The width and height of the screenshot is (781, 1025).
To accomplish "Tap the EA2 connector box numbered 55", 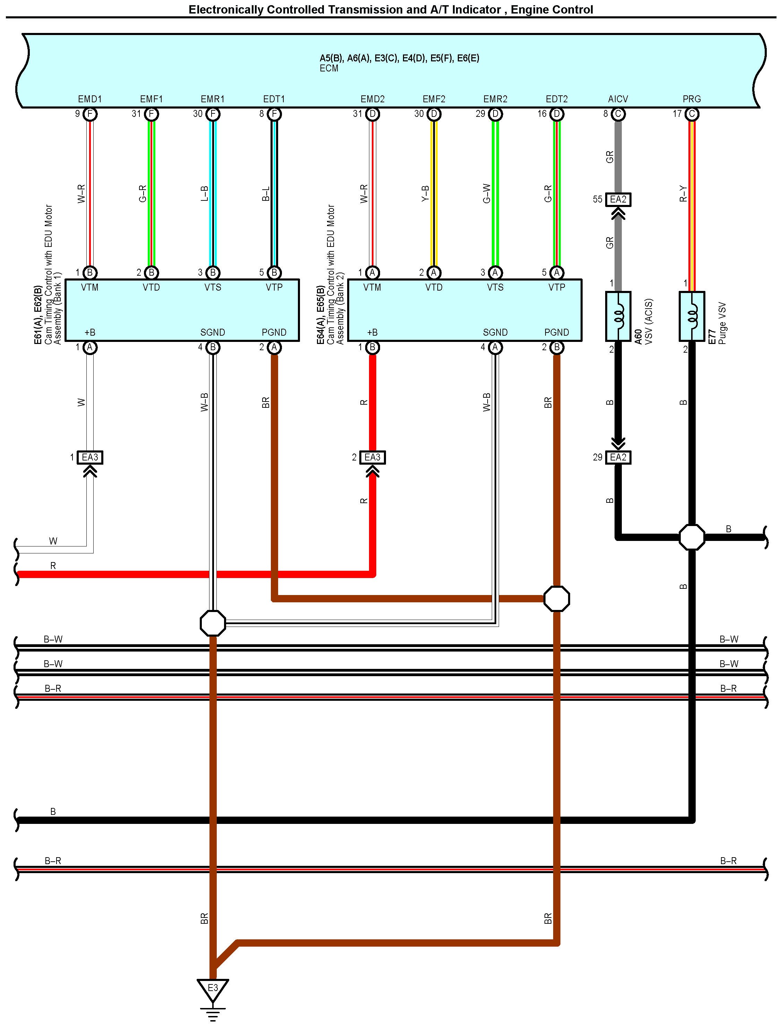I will pos(618,199).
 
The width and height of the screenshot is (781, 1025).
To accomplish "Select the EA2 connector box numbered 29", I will pos(618,457).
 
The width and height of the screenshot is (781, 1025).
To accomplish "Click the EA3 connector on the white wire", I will pos(90,457).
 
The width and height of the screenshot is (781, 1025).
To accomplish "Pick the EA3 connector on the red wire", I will pos(372,457).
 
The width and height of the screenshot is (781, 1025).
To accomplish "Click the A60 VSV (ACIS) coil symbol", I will pos(618,316).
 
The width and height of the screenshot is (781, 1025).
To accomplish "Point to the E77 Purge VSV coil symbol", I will pos(692,316).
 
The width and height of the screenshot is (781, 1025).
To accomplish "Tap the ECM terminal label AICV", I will pos(618,99).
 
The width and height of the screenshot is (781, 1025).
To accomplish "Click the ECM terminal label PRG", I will pos(692,99).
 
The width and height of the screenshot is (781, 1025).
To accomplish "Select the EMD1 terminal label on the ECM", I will pos(90,99).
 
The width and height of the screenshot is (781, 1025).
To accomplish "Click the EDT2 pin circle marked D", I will pos(557,114).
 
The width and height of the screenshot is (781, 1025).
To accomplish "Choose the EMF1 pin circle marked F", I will pos(151,114).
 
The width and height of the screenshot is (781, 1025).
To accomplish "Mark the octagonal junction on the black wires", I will pos(692,537).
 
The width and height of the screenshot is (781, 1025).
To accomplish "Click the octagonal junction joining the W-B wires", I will pos(213,623).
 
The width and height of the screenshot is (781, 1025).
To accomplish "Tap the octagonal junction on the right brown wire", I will pos(557,599).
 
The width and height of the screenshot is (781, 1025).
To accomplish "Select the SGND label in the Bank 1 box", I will pos(213,333).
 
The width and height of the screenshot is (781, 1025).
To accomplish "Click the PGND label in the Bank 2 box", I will pos(557,333).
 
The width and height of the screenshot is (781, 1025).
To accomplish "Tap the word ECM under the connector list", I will pos(329,68).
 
